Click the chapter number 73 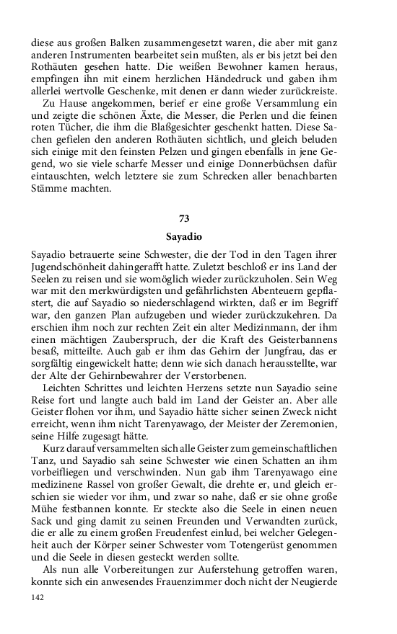(x=198, y=218)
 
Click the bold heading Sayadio (x=198, y=235)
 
